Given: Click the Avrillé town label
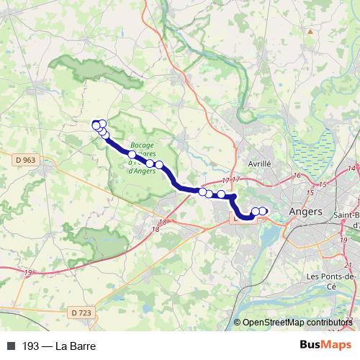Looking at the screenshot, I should (258, 163).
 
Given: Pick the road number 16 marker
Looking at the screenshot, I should (297, 176).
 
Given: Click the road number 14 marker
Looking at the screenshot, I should (351, 168).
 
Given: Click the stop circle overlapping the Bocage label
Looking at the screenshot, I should (132, 154).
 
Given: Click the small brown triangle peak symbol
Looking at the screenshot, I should (310, 32).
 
